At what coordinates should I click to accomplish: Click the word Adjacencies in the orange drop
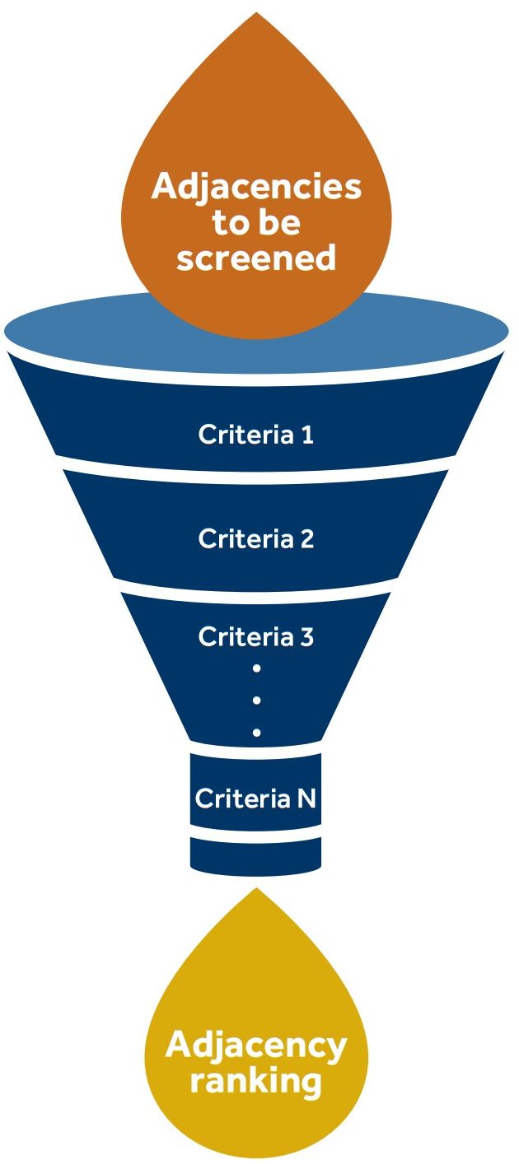[x=256, y=187]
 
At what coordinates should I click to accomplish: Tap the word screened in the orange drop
[x=256, y=258]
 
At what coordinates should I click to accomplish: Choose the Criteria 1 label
[x=256, y=434]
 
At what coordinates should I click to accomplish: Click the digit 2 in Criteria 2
[x=306, y=539]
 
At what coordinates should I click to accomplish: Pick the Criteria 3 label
[x=256, y=636]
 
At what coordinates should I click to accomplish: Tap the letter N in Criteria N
[x=306, y=798]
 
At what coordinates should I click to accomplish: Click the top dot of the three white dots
[x=257, y=668]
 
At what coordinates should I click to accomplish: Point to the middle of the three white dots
[x=257, y=700]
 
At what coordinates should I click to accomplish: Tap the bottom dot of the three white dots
[x=257, y=732]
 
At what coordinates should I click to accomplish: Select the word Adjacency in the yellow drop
[x=256, y=1046]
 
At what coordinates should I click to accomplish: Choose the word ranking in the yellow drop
[x=256, y=1081]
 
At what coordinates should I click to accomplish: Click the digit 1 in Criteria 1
[x=308, y=434]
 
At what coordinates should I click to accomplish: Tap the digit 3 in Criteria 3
[x=306, y=636]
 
